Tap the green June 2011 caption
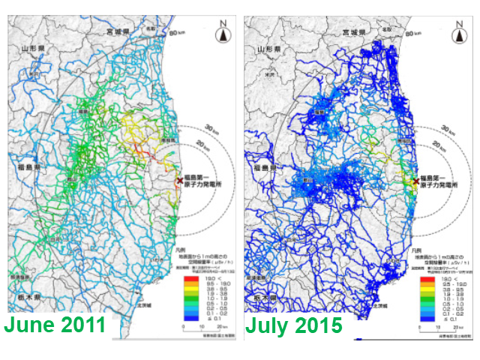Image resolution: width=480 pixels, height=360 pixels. (56, 326)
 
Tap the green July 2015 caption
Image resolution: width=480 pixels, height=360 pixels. (294, 326)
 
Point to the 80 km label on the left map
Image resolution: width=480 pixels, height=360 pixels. (177, 33)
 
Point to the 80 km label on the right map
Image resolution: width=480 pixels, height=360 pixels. (414, 33)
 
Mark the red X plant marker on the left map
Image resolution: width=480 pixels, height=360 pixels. (178, 180)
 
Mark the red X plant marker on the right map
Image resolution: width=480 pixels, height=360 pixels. (415, 180)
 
